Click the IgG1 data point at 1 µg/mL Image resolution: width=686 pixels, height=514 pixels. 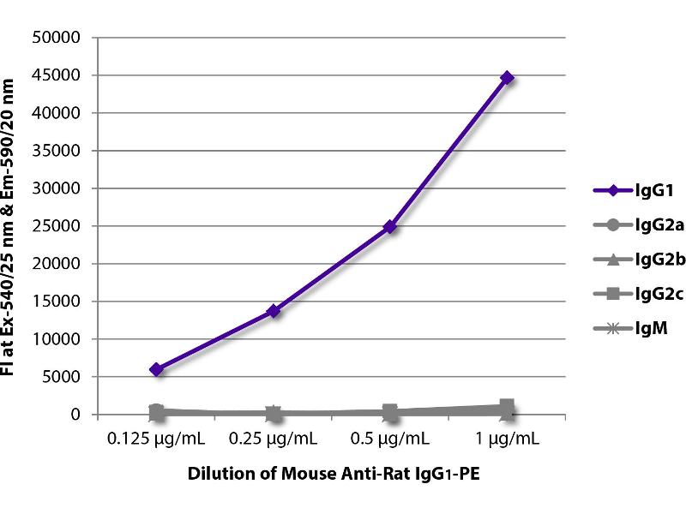click(x=507, y=78)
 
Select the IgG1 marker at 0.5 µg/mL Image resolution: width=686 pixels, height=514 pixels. click(x=390, y=227)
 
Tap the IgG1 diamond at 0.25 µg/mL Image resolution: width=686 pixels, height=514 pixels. click(x=274, y=311)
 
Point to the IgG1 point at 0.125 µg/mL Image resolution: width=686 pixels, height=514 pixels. click(x=156, y=369)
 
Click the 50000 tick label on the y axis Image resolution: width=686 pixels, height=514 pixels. click(x=57, y=38)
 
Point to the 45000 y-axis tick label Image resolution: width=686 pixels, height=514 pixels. click(x=57, y=75)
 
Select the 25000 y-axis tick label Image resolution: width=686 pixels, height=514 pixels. click(x=57, y=226)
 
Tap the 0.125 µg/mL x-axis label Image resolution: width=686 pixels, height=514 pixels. click(x=156, y=439)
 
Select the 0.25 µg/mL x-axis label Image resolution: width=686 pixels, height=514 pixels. click(x=274, y=439)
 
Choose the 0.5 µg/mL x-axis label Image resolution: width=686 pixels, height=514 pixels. click(x=390, y=439)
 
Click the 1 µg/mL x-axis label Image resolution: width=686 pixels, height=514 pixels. click(x=507, y=439)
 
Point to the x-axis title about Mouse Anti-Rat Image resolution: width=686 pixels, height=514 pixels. click(x=332, y=475)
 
